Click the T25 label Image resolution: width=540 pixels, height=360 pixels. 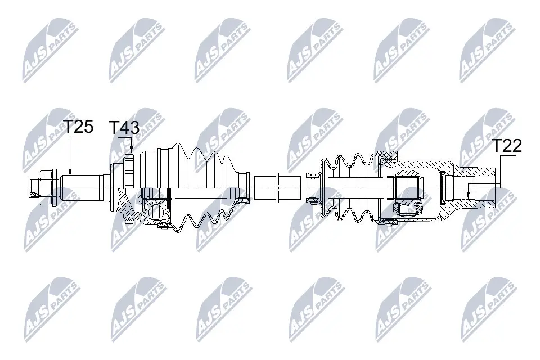79,127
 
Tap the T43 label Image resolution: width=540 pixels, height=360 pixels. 124,128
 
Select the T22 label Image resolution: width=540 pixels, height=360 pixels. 507,146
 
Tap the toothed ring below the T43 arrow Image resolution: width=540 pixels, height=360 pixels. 129,170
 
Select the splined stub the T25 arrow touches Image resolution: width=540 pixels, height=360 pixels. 81,188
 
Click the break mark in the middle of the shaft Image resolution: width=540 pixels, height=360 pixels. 277,188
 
